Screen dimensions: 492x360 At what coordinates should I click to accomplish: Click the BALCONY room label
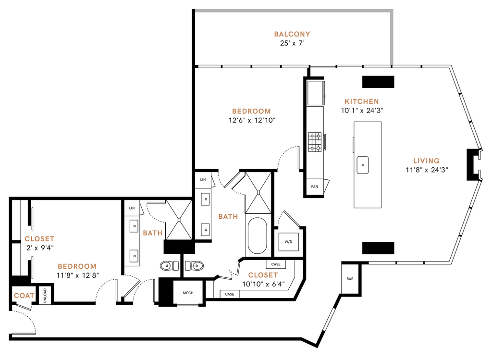tap(292, 34)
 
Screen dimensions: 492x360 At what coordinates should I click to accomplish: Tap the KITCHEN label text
tap(362, 101)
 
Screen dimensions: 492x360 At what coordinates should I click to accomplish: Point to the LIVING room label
tap(426, 161)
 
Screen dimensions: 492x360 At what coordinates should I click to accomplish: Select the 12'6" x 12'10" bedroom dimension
tap(252, 120)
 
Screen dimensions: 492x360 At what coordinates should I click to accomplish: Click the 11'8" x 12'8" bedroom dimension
tap(77, 275)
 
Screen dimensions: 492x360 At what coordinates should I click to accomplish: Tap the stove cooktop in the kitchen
tap(315, 142)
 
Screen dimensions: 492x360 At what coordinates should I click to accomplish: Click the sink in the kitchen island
tap(362, 165)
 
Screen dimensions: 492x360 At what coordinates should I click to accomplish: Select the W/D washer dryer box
tap(288, 242)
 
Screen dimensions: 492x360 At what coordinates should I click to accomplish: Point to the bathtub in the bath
tap(258, 236)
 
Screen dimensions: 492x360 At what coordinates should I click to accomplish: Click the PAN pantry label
tap(314, 186)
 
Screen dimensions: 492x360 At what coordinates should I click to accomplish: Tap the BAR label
tap(350, 279)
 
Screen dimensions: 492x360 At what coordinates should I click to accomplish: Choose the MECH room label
tap(188, 293)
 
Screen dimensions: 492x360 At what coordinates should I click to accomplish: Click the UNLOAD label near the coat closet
tap(45, 295)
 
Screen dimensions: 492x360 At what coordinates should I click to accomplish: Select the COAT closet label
tap(24, 296)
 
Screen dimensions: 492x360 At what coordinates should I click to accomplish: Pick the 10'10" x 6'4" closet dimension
tap(263, 285)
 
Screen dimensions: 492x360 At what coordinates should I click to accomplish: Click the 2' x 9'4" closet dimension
tap(40, 248)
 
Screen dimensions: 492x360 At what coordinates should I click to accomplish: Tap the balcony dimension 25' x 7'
tap(293, 43)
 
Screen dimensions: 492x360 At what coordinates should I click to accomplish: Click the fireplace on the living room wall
tap(474, 164)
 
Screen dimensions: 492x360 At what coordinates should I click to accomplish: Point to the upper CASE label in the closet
tap(276, 264)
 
